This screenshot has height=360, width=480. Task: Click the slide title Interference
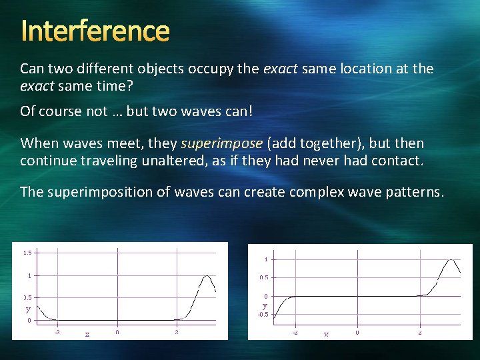click(x=95, y=31)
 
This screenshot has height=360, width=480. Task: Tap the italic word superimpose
click(x=222, y=143)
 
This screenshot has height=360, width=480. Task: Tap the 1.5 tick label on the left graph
click(x=27, y=253)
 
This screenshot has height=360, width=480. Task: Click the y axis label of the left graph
click(x=28, y=309)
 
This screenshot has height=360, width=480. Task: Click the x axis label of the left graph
click(x=87, y=334)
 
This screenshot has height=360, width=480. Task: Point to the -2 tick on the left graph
click(x=57, y=331)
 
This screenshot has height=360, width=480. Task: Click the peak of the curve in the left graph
click(x=207, y=275)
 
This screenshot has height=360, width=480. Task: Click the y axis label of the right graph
click(x=265, y=305)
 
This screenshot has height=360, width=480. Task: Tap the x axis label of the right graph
click(x=326, y=334)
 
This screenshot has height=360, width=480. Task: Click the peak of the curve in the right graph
click(x=452, y=260)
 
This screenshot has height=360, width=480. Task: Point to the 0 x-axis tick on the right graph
click(x=357, y=331)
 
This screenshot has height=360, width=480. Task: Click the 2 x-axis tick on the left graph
click(x=177, y=331)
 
